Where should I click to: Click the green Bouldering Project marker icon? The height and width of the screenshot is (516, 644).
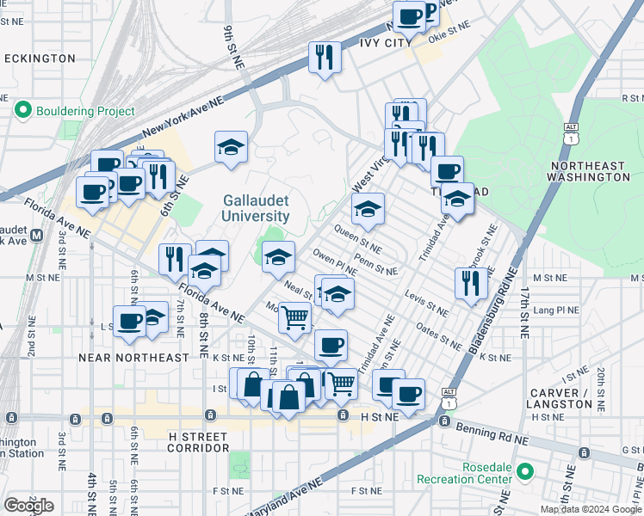click(x=23, y=111)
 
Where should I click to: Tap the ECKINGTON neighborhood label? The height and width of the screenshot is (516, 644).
click(x=40, y=58)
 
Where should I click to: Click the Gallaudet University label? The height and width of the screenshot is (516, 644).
click(x=256, y=207)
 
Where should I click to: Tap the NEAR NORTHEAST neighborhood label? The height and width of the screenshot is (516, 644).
click(x=133, y=357)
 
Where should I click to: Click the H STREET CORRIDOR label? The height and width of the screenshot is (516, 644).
click(x=186, y=441)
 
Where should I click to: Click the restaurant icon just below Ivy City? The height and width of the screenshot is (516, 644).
click(x=325, y=57)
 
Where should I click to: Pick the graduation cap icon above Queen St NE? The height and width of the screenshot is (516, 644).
click(x=368, y=208)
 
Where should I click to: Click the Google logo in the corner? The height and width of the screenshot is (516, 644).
click(x=28, y=506)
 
